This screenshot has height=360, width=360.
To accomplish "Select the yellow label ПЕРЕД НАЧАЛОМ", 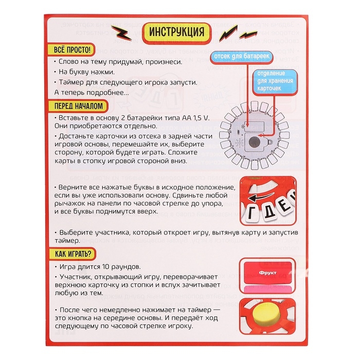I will point(78,106).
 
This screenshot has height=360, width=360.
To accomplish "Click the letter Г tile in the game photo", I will point(256,212).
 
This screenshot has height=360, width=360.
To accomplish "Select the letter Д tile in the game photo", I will point(274,205).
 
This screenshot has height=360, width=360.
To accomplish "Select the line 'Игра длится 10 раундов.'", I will point(100,268).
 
